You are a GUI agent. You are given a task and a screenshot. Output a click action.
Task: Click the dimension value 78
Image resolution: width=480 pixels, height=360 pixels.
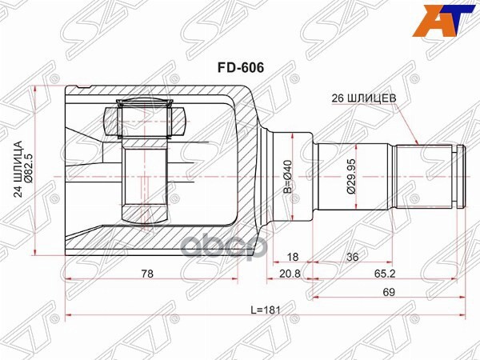(x=146, y=274)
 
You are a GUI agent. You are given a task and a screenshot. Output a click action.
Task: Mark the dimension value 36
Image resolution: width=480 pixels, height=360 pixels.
(x=352, y=258)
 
